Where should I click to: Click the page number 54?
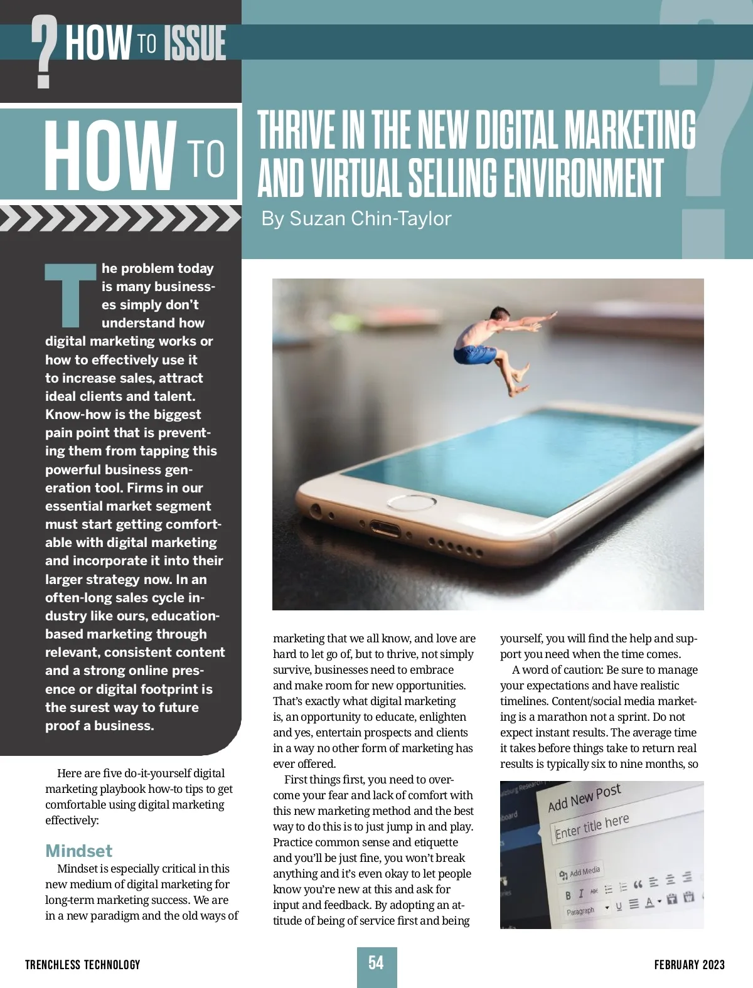[x=376, y=963]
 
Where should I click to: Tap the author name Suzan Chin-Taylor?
[x=356, y=218]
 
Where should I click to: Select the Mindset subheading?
[x=78, y=851]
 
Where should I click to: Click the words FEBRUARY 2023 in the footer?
[x=689, y=965]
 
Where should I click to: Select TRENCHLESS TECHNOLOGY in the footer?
[x=83, y=965]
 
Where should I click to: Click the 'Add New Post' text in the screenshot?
[x=584, y=797]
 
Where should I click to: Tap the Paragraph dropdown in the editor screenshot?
[x=587, y=910]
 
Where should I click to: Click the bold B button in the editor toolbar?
[x=568, y=895]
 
